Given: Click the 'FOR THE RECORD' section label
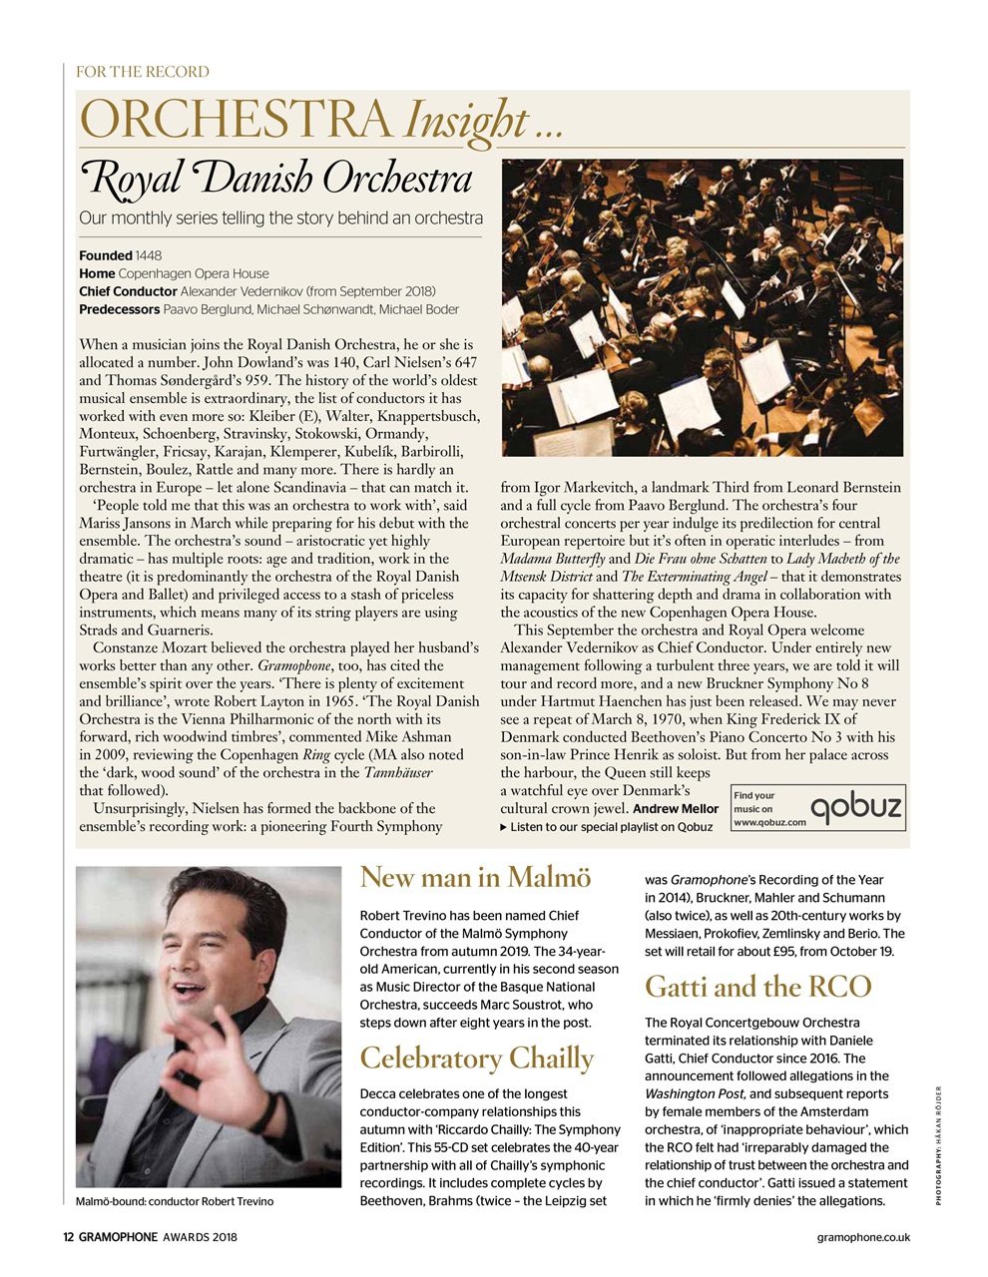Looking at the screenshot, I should tap(143, 72).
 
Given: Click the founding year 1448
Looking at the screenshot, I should tap(149, 255).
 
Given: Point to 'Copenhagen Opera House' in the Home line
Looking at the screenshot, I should tap(194, 273).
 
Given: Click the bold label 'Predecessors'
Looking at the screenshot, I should tap(119, 309).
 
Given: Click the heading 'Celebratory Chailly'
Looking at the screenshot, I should tap(476, 1058).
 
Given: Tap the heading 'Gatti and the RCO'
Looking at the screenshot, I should tap(758, 987).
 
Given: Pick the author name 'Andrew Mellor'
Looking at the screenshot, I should tap(676, 809).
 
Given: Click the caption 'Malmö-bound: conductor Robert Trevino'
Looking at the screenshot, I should tap(175, 1201).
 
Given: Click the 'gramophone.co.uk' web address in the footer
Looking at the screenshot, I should tap(862, 1238).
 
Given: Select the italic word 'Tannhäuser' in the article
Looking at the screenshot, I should tap(398, 773).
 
